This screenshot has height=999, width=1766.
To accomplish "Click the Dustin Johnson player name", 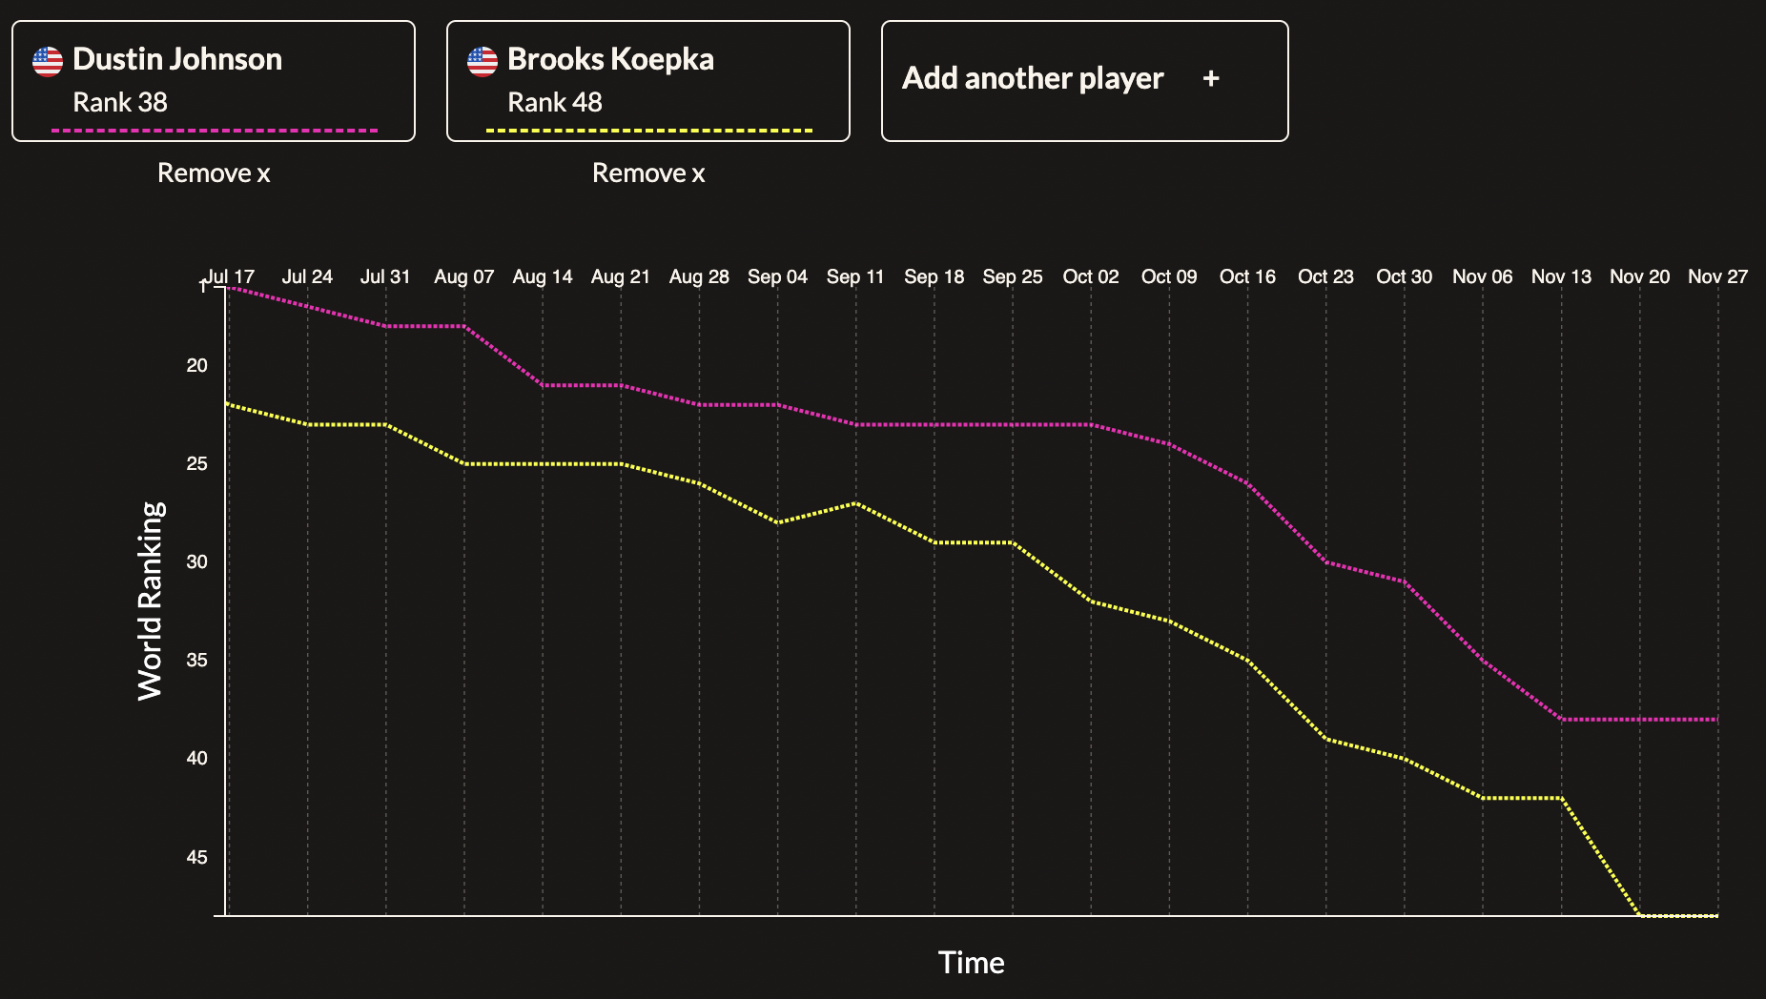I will coord(176,59).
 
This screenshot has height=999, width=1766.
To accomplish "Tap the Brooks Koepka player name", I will coord(610,59).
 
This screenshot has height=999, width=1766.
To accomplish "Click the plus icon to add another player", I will coord(1211,78).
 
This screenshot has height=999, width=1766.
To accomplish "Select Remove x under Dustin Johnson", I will coord(214,173).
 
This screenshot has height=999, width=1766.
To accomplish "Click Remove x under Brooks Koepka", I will coord(648,173).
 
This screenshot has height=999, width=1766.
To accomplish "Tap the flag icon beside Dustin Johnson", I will coord(48,61).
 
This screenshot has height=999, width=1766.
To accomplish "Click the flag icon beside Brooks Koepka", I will coord(483,61).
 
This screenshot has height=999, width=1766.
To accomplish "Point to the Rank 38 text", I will coord(120,102).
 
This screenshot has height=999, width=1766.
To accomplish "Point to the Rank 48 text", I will coord(555,102).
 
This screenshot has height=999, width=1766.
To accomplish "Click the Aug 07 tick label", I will coord(463,276).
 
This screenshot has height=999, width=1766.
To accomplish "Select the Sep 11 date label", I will coord(855,276).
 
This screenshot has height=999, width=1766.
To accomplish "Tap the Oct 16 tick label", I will coord(1247,276).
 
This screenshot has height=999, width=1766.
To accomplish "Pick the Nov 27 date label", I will coord(1717,276).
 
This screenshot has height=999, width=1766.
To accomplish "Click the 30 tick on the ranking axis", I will coord(196,562).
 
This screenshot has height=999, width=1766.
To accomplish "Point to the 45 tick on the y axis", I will coord(196,857).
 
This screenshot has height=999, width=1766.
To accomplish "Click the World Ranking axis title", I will coord(151,601).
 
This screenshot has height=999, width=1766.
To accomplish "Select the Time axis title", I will coord(971,963).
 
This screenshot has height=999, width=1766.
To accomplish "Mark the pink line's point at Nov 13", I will coord(1562,719).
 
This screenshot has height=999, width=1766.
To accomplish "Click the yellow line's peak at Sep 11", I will coord(856,502).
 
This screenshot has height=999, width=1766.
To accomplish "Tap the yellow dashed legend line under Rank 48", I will coord(648,131).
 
